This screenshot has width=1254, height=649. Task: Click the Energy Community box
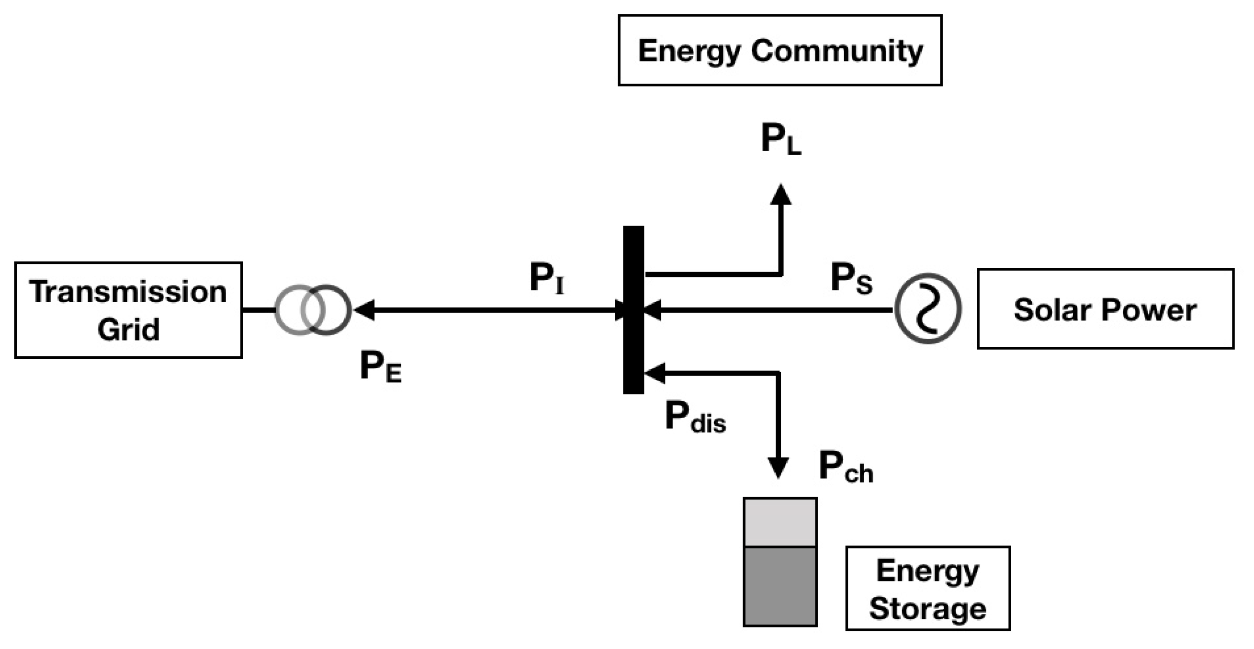tap(780, 50)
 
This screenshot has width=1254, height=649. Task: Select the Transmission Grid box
tap(128, 310)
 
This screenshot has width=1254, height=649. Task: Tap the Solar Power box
tap(1105, 308)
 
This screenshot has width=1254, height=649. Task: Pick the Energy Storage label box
tap(928, 588)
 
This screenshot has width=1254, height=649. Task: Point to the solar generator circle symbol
tap(928, 308)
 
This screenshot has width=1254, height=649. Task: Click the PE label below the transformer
tap(380, 366)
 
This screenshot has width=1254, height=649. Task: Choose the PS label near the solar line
tap(851, 278)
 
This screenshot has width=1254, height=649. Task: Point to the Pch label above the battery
tap(846, 467)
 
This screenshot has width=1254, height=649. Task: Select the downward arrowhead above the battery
tap(778, 467)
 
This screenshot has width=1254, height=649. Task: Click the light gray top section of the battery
tap(780, 522)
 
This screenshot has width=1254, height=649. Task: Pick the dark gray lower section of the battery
tap(780, 586)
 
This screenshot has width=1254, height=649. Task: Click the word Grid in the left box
tap(128, 330)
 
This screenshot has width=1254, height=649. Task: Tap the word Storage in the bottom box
tap(928, 608)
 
